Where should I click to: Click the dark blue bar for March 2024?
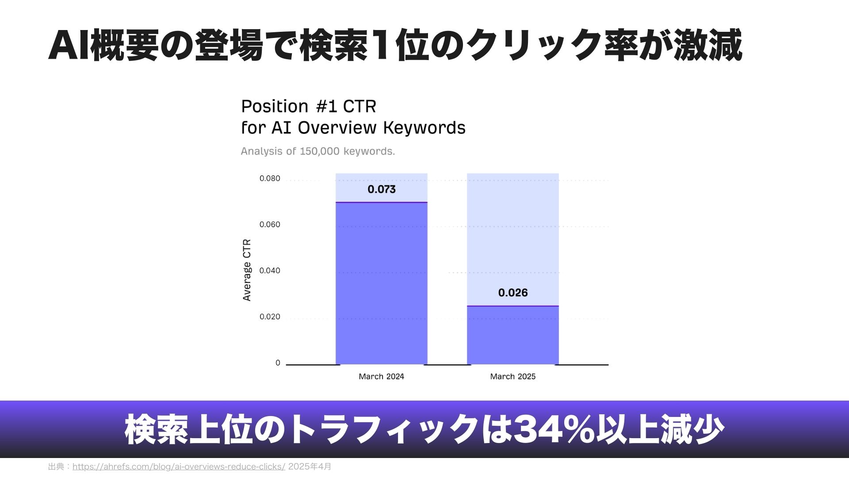381,284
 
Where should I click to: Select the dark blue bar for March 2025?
513,335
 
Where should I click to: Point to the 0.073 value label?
382,189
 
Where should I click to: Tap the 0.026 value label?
513,293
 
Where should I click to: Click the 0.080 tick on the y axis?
270,178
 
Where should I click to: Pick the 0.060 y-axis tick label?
270,224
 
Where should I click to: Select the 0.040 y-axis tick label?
270,270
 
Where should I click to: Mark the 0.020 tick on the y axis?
270,317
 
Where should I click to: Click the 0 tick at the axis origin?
278,363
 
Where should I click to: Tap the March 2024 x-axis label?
381,376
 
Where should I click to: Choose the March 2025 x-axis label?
513,376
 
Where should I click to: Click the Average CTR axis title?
247,270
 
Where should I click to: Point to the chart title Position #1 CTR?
309,106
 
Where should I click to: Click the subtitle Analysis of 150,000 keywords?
318,151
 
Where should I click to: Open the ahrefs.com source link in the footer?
179,467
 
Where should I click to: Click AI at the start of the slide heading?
69,45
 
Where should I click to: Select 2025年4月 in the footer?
310,467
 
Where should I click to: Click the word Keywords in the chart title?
424,128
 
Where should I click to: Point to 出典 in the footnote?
56,467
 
